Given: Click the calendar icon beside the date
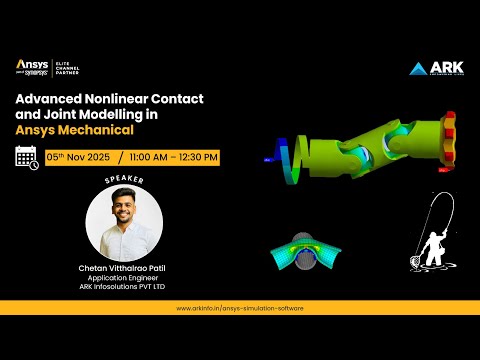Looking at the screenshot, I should tap(27, 157).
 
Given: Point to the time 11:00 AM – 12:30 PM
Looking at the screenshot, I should tap(172, 157).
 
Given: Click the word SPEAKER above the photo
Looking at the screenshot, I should tap(126, 181).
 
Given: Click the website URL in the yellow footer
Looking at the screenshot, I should tap(240, 308).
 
